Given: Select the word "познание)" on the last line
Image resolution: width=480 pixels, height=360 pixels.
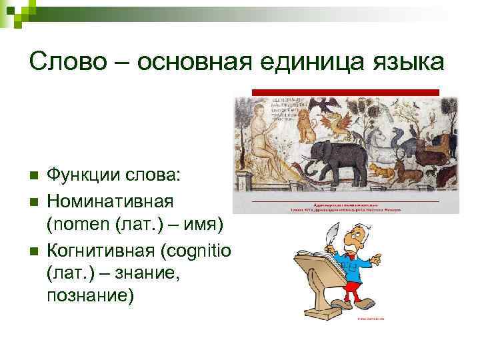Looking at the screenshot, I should (90, 297).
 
